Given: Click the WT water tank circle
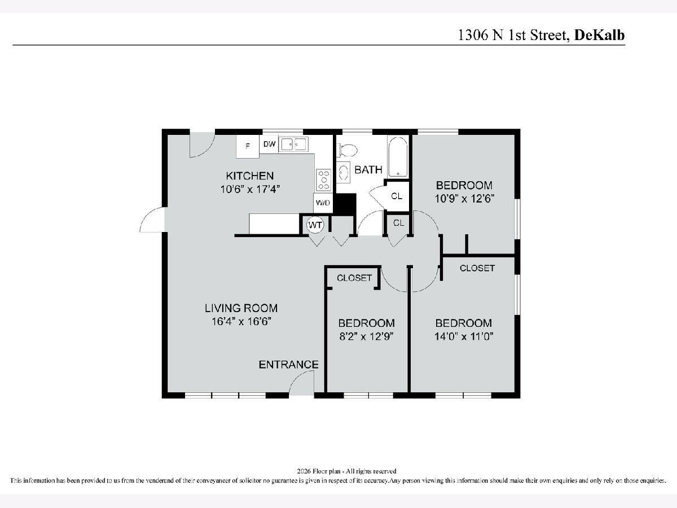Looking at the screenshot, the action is coord(315,225).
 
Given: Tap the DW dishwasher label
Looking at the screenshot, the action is coord(269,144).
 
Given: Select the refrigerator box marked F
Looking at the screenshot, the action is coord(248,146).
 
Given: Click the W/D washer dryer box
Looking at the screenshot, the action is coord(323,203).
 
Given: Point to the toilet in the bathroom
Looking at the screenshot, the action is coord(348,151).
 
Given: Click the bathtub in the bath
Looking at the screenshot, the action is coord(398,157).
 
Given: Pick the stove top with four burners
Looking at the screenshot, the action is coord(323,180).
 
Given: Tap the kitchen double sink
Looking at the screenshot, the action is coord(293,144).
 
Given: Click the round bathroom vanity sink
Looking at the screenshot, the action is coord(343,172).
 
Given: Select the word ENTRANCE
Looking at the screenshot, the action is coord(288,365).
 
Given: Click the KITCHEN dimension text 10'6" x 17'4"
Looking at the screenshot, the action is coord(250,189).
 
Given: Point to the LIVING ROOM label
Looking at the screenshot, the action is coord(241,308).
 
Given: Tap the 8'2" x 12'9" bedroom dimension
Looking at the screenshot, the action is coord(366,336).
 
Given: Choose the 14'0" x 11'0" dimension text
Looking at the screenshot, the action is coord(464,336).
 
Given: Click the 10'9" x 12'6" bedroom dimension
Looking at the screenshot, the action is coord(464,198).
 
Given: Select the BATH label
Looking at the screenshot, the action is coord(368,170).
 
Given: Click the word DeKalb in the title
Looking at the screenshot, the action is coord(599,35).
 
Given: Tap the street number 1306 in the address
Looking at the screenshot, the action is coord(473,35).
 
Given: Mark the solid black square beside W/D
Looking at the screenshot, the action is coord(345,204).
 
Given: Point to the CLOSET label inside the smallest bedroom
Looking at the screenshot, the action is coord(354,278).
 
